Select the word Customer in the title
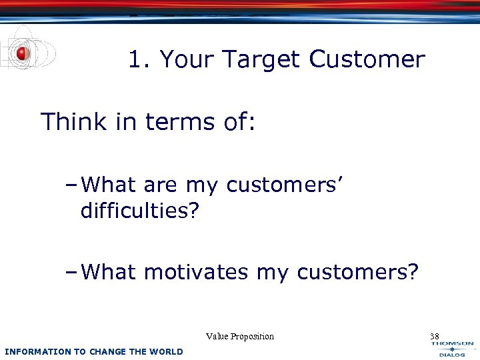click(x=367, y=60)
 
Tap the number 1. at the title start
click(x=140, y=60)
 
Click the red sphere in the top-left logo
click(x=22, y=53)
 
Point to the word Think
click(x=73, y=122)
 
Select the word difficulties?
click(x=139, y=211)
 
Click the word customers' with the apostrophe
click(x=285, y=185)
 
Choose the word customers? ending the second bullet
click(x=358, y=272)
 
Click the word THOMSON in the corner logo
click(x=452, y=344)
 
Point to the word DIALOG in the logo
click(x=452, y=355)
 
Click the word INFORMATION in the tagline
click(x=37, y=351)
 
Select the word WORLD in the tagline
click(x=167, y=351)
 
